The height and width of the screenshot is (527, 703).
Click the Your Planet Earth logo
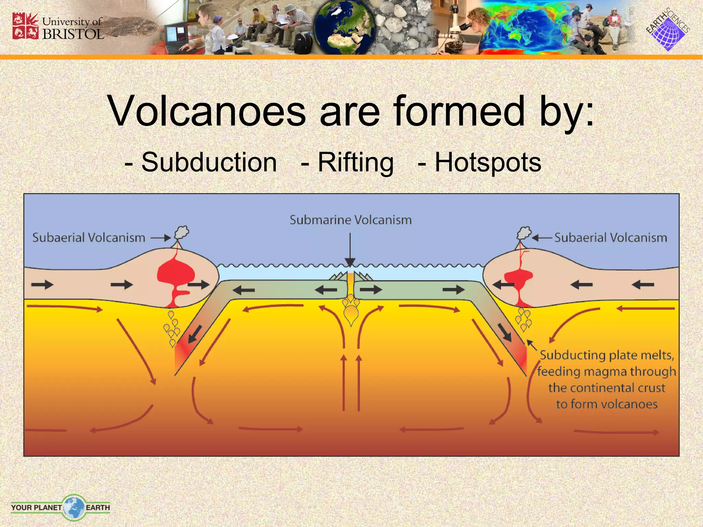point(60,507)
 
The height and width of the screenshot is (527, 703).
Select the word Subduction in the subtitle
point(209,162)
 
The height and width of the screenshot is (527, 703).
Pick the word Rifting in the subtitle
point(356,162)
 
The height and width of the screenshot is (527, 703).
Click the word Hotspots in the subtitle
point(488,162)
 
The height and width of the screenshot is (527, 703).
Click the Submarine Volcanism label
point(350,220)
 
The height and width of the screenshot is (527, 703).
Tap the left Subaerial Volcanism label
point(89,238)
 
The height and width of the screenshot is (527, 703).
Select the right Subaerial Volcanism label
point(611,238)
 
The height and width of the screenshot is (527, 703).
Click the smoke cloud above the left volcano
point(182,232)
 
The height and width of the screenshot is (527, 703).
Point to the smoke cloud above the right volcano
point(524,233)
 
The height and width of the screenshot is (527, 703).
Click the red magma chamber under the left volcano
point(176,274)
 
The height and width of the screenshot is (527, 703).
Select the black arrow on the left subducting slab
point(195,334)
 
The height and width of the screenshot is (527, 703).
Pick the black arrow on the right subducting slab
point(505,332)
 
